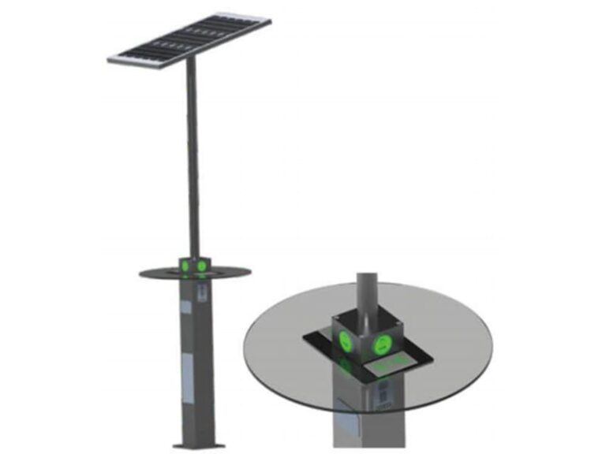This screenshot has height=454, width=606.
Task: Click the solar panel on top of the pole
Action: point(189,39)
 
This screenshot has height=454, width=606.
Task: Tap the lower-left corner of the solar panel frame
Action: point(110,59)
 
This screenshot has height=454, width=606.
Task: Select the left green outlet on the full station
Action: point(187,266)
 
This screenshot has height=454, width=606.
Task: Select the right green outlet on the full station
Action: point(202,267)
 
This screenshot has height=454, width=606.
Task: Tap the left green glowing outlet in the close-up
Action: point(347,341)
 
